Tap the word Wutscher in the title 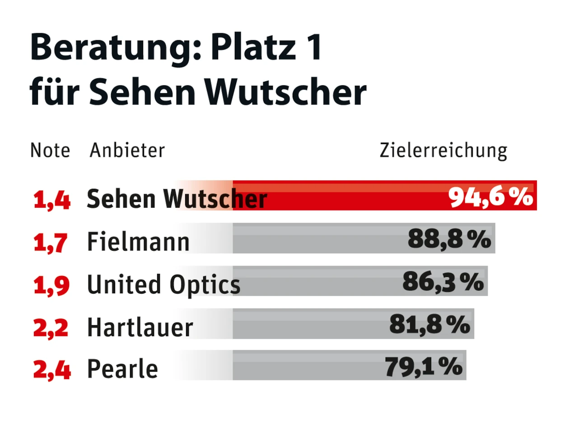285,93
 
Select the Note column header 50,150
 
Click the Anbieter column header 127,150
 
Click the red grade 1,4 52,200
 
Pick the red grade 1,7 51,243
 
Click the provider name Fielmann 138,242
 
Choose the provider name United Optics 163,285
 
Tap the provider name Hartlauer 140,327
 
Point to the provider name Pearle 122,369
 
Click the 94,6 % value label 491,197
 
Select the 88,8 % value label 449,239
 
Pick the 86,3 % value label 443,282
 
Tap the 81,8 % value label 430,324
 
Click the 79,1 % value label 424,366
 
